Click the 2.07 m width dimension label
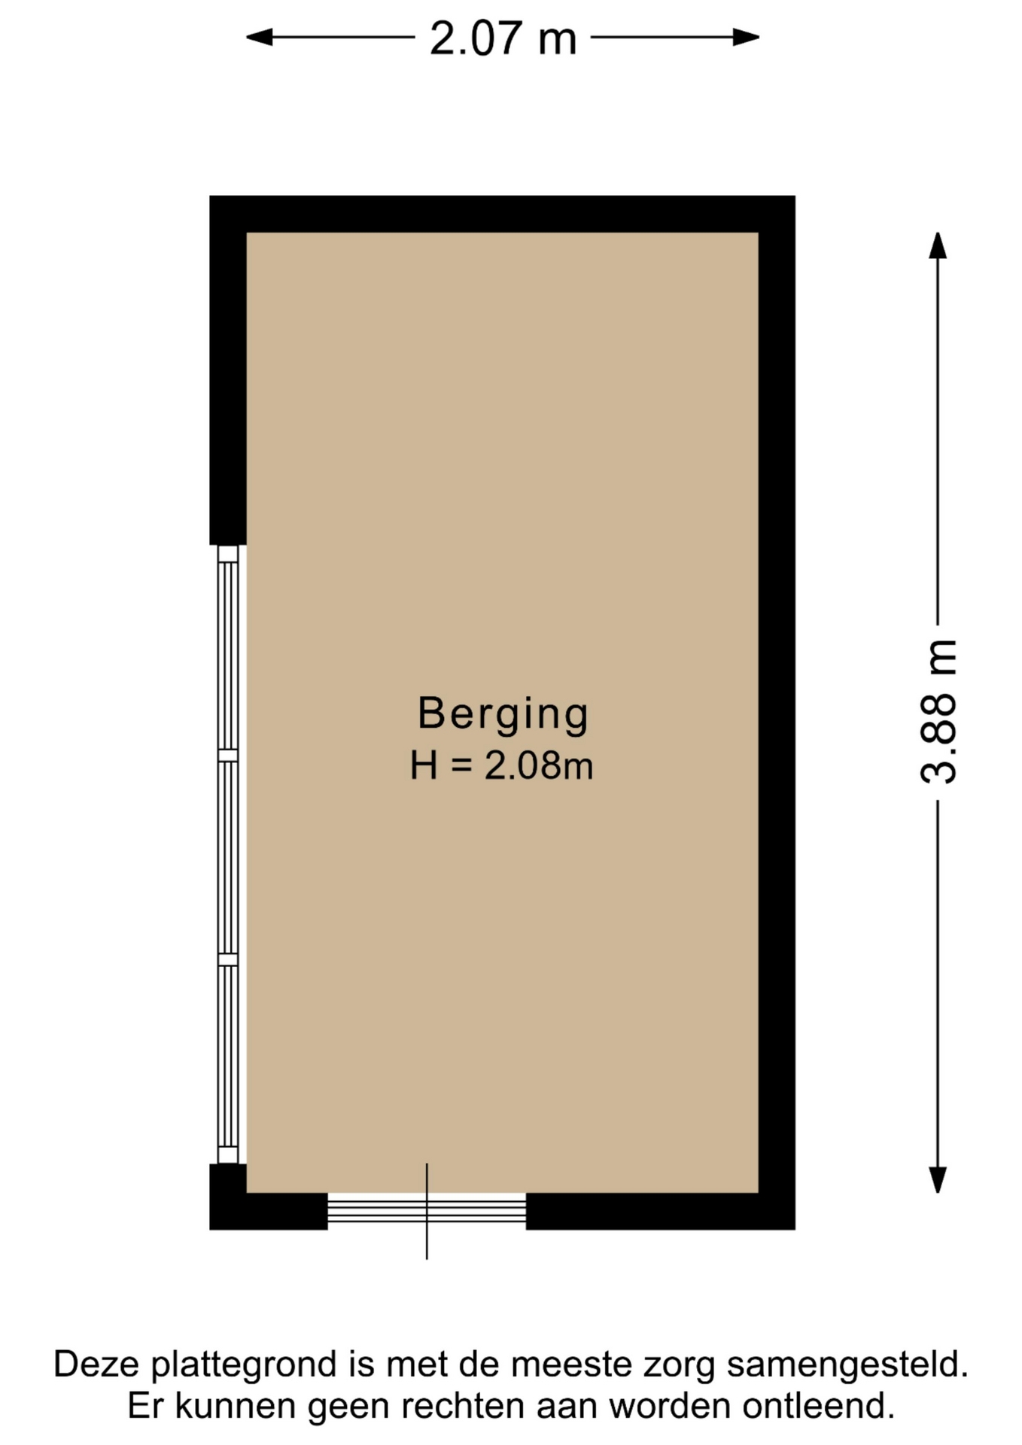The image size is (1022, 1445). pos(503,38)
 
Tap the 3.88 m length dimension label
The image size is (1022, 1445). pos(938,712)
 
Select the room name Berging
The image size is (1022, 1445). pos(503,713)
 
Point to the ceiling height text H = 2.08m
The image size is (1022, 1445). pos(502,766)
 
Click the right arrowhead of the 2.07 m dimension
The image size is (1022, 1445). pos(746,37)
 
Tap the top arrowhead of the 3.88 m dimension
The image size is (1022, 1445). pos(938,245)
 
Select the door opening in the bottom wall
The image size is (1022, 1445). pos(427,1211)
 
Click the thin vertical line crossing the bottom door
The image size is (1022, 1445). pos(427,1211)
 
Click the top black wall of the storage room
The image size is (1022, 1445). pos(502,214)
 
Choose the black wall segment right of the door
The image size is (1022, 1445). pos(660,1211)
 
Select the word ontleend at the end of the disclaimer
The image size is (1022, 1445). pos(818,1405)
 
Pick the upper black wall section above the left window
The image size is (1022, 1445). pos(228,370)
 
